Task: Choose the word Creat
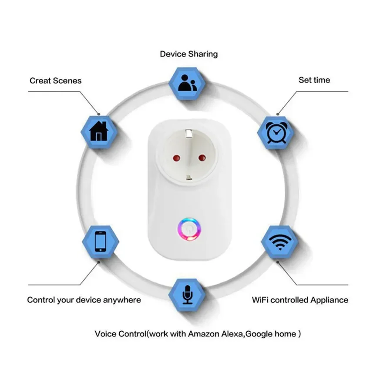[40, 81]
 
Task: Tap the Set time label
[314, 80]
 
